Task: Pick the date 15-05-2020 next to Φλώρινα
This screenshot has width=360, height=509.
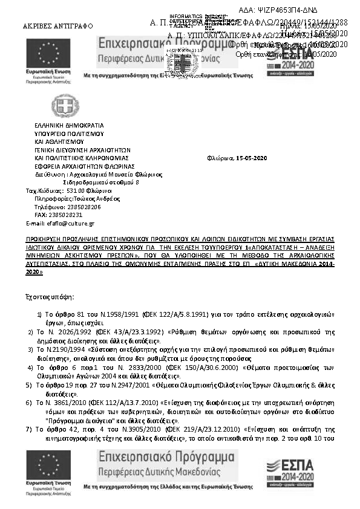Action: coord(251,158)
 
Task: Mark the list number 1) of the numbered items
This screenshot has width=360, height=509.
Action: coord(40,315)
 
